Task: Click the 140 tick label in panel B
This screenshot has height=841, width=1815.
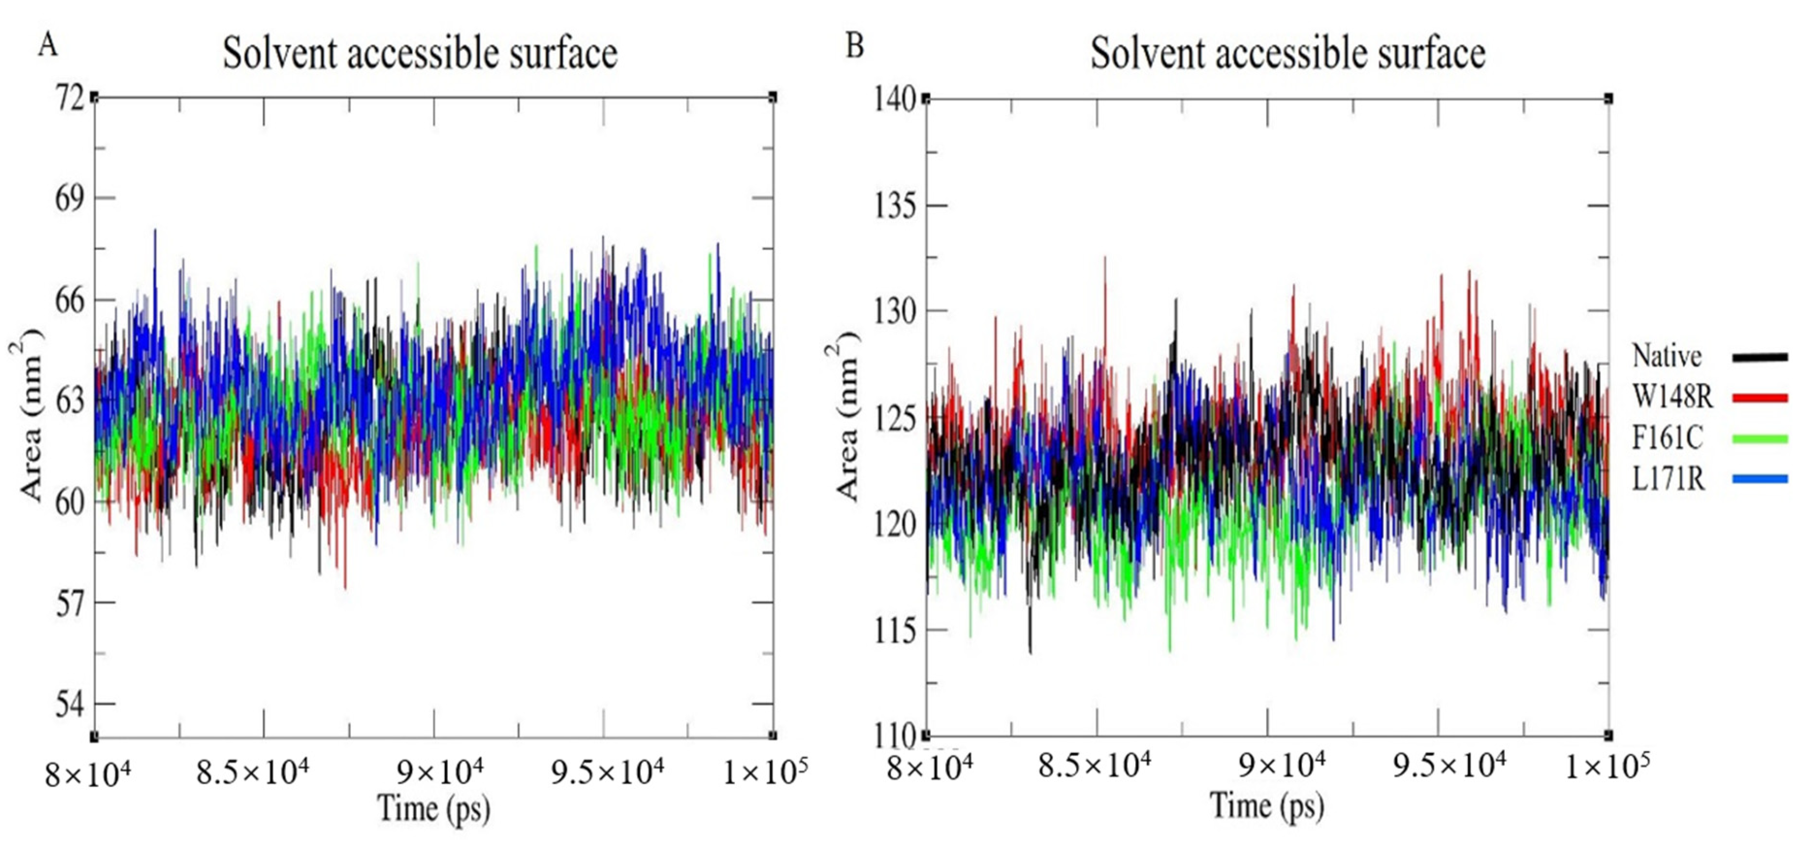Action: coord(895,98)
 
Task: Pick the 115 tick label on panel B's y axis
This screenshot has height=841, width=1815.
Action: coord(895,631)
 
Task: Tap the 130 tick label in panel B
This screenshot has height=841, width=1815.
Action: coord(895,311)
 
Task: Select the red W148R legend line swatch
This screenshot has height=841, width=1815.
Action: coord(1759,398)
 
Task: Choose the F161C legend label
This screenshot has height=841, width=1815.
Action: coord(1667,438)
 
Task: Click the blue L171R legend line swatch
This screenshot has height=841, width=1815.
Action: coord(1759,479)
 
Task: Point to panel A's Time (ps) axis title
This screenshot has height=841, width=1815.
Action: coord(433,808)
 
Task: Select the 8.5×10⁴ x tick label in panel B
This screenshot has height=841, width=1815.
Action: coord(1094,765)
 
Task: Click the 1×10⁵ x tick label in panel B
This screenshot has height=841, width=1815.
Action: coord(1607,765)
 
